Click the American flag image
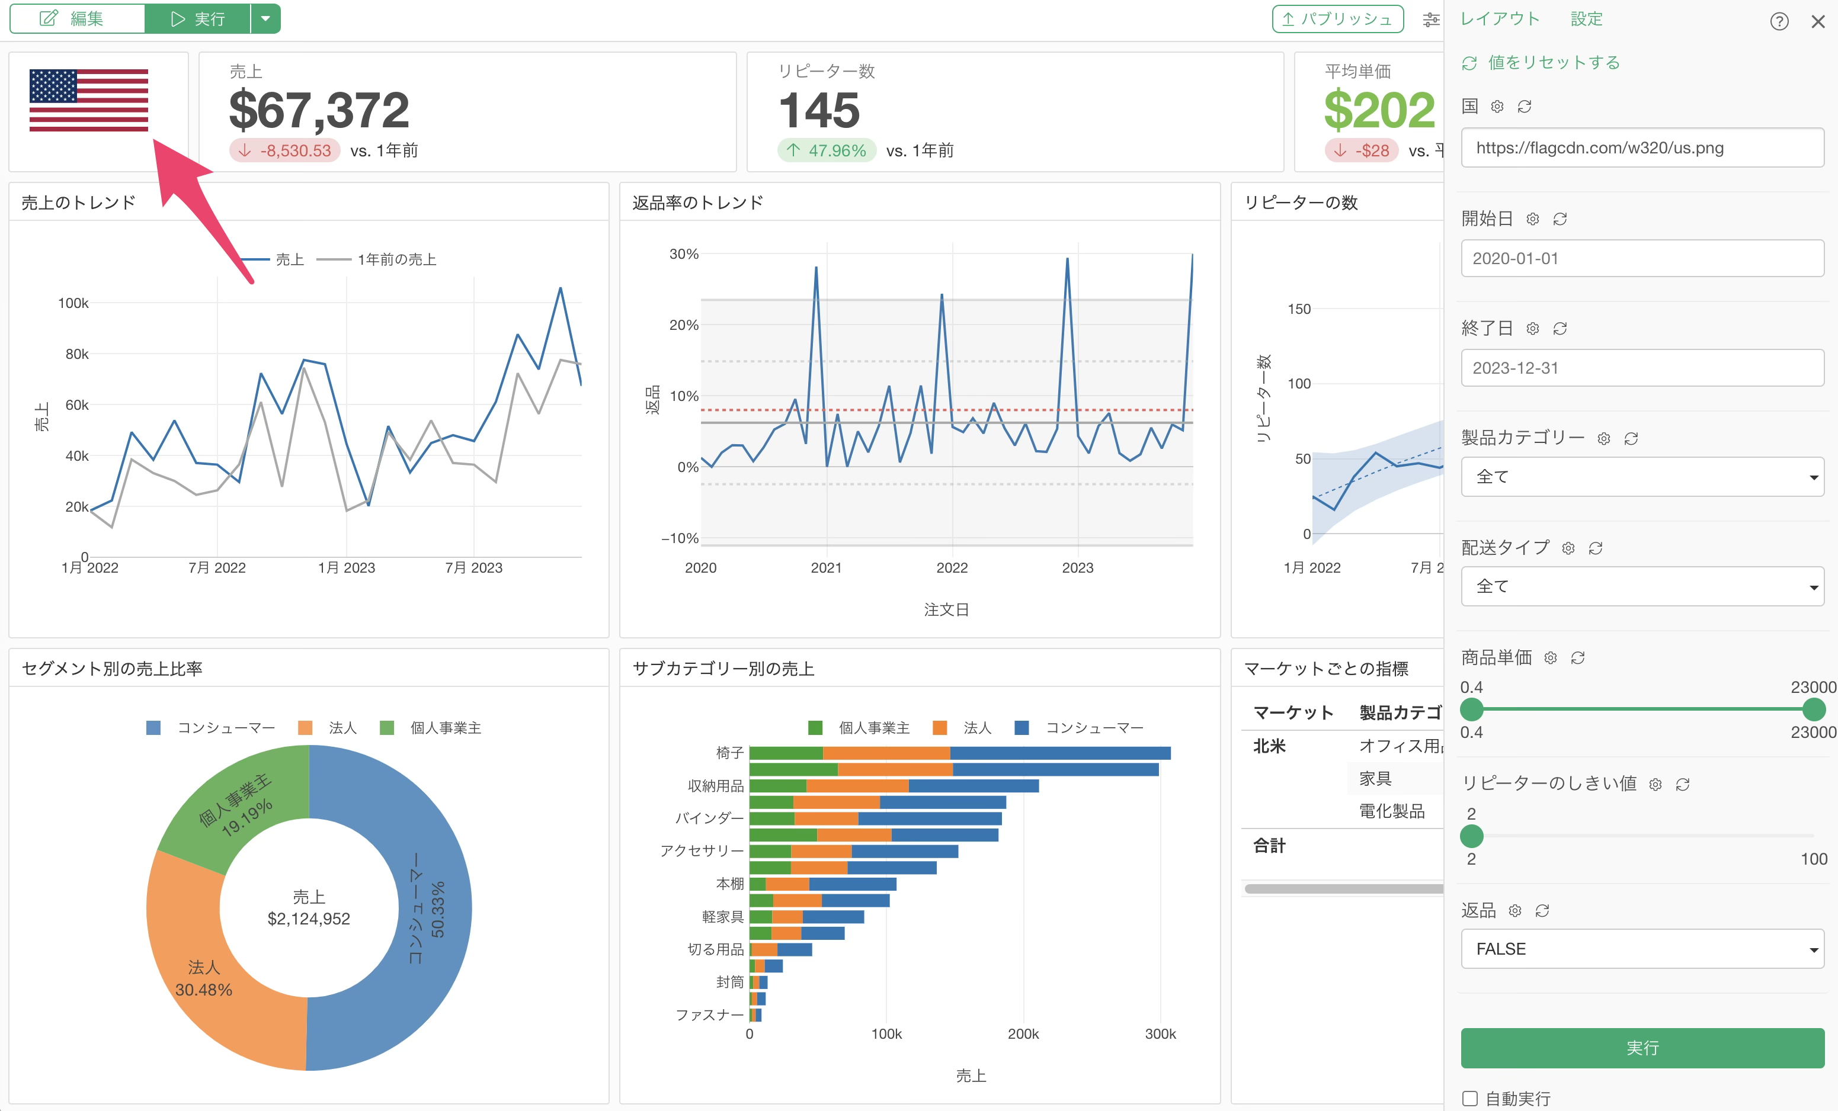(x=89, y=101)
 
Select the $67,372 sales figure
(x=319, y=110)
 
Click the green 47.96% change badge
(x=827, y=150)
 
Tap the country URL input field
(x=1642, y=147)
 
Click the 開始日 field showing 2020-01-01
(x=1642, y=258)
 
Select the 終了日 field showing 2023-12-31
(x=1642, y=368)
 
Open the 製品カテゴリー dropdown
(x=1642, y=477)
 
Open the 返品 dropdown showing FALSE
(x=1642, y=949)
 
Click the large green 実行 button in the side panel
(x=1642, y=1048)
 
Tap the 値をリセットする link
(x=1554, y=63)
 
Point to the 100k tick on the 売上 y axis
(x=73, y=303)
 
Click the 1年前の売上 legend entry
(x=377, y=259)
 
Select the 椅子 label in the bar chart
(x=729, y=753)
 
